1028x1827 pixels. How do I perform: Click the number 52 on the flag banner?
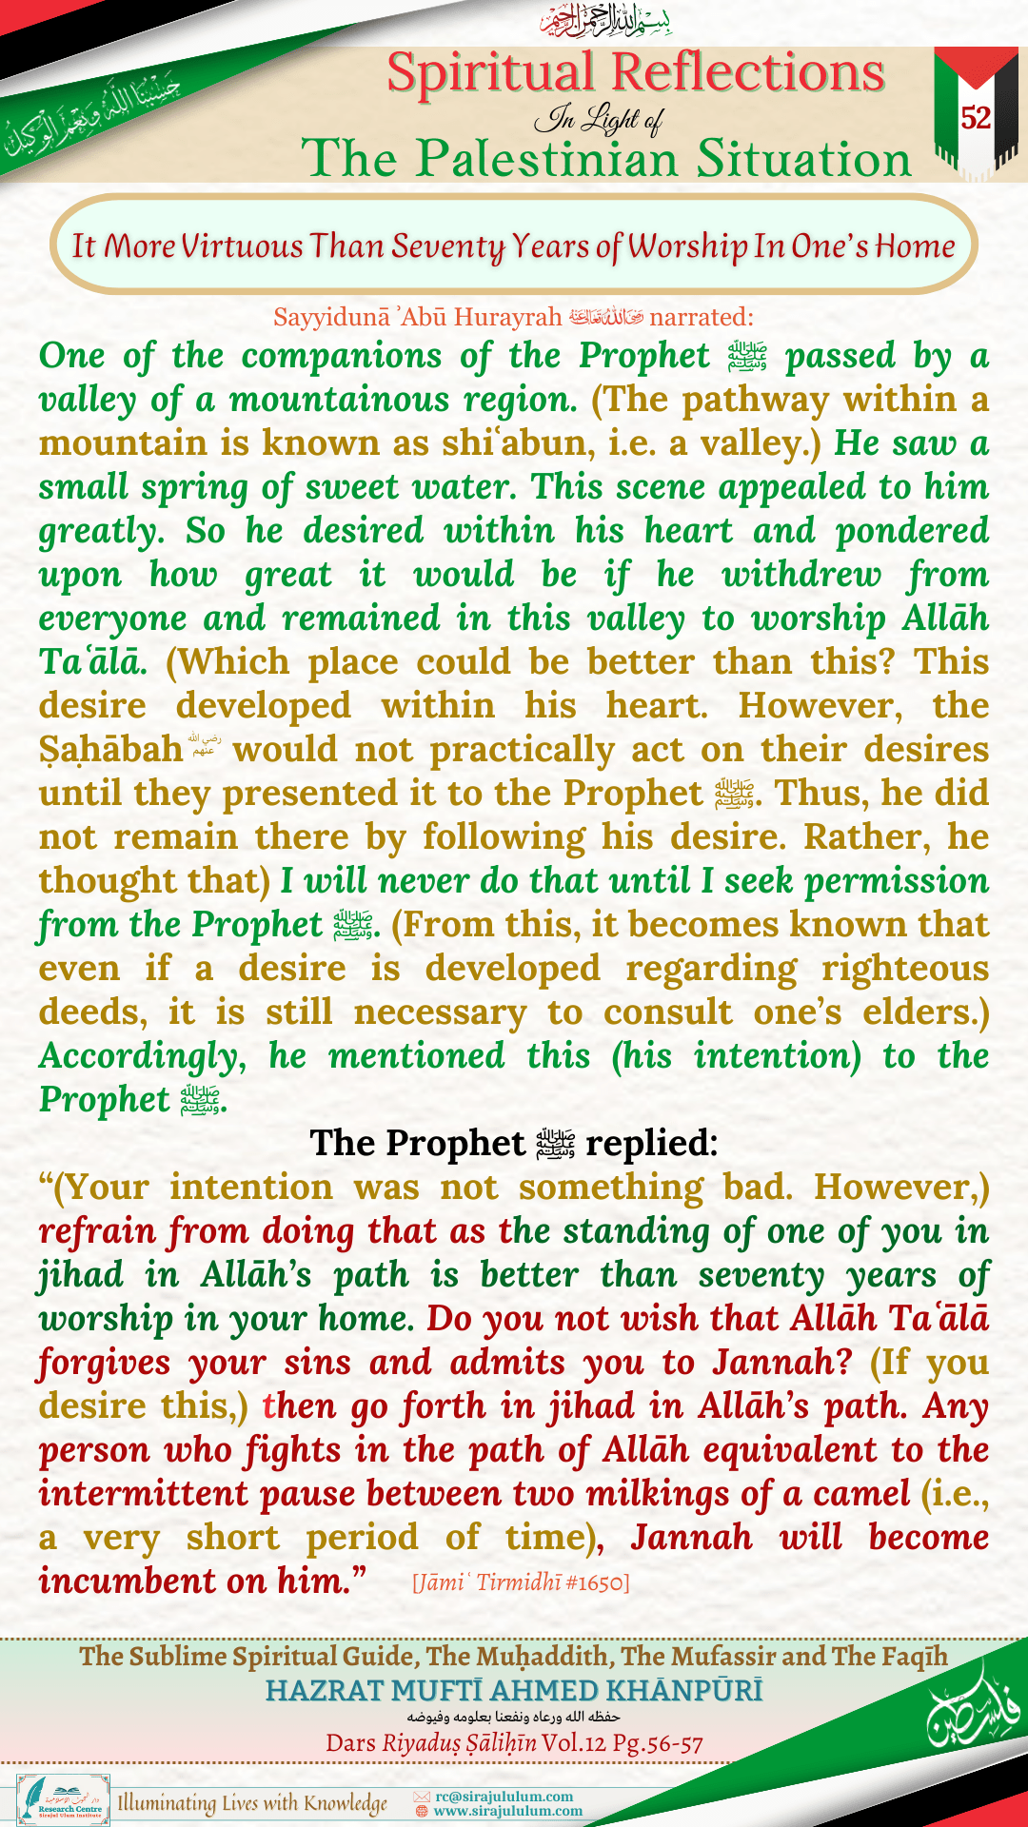point(976,118)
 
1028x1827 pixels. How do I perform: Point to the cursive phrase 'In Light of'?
point(599,119)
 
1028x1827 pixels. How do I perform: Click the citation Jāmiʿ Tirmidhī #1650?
point(521,1582)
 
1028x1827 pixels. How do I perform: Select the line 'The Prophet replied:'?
point(514,1143)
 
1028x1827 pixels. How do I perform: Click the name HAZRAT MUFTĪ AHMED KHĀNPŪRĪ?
point(514,1690)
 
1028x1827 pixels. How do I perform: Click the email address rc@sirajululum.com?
point(504,1797)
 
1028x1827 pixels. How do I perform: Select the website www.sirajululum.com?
point(507,1811)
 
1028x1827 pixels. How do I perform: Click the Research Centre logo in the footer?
point(64,1799)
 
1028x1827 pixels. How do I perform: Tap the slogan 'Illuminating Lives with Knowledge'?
point(252,1802)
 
